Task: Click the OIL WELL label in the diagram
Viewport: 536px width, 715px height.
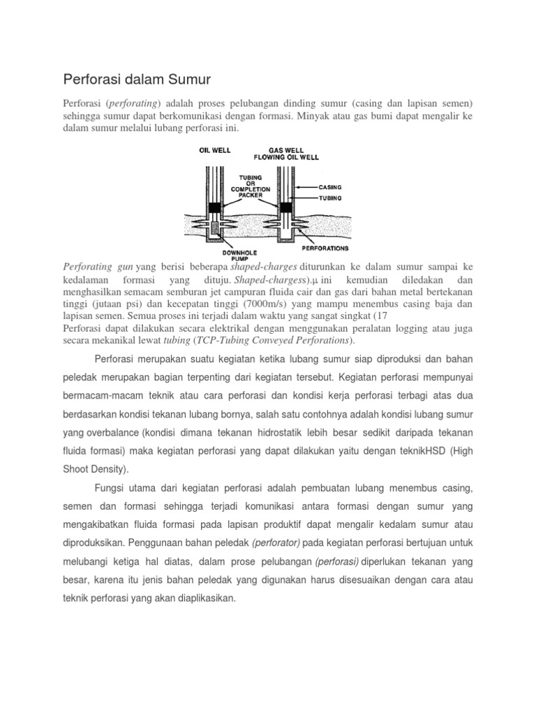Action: point(215,149)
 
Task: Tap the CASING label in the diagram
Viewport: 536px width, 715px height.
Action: point(331,187)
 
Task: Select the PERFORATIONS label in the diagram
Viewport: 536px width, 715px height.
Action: point(325,248)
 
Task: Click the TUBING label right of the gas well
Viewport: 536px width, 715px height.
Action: point(330,198)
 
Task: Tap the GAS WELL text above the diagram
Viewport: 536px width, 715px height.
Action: point(286,149)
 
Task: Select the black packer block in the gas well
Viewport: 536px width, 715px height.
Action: point(285,207)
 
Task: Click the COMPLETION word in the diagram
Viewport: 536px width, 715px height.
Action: point(250,189)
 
